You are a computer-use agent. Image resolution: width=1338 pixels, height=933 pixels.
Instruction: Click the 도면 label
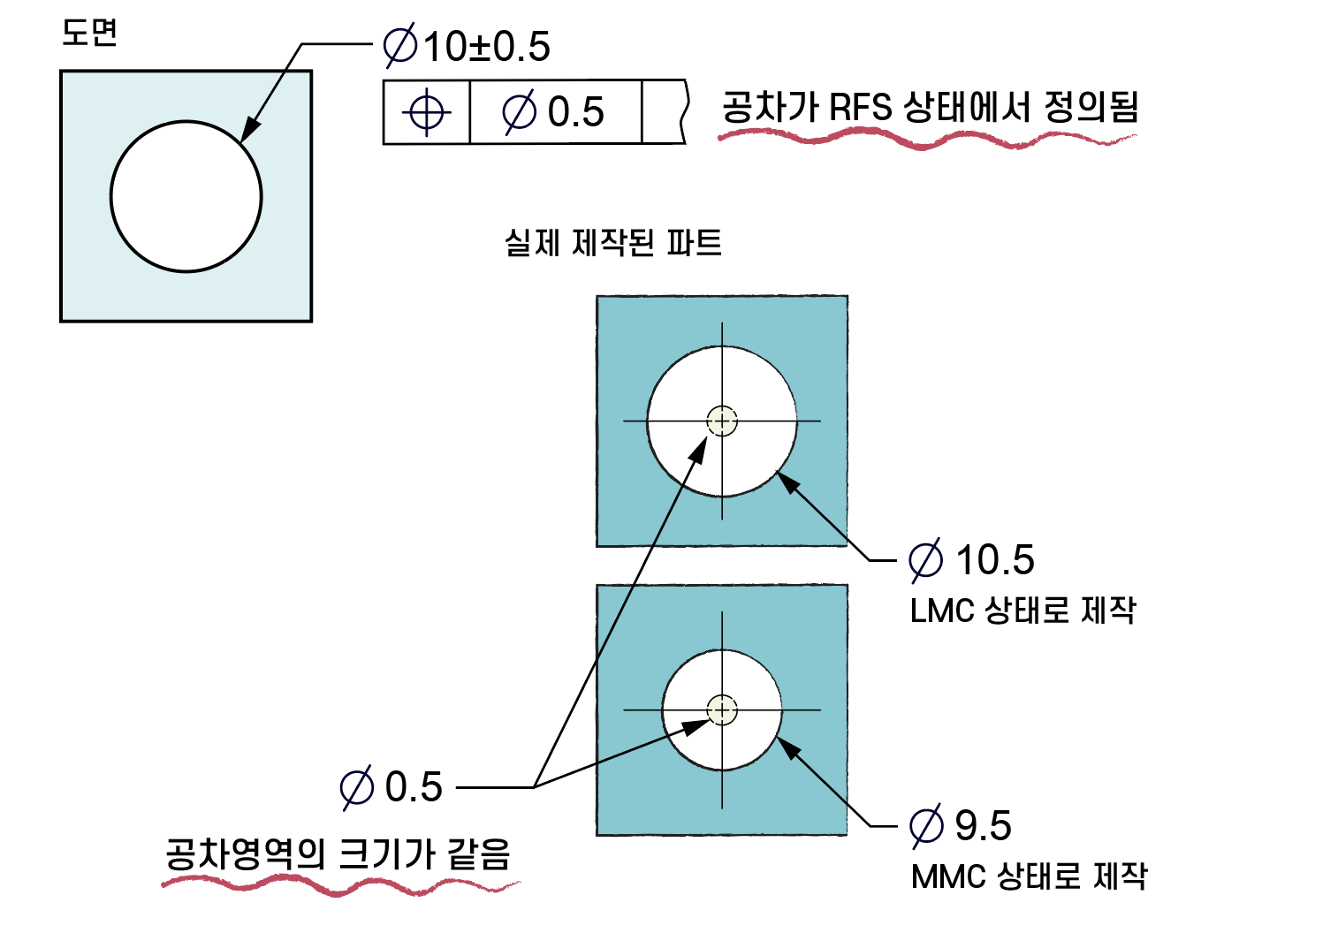89,33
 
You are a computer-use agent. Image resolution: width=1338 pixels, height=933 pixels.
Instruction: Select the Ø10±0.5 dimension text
467,47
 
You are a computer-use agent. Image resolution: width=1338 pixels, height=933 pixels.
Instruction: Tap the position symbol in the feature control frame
427,112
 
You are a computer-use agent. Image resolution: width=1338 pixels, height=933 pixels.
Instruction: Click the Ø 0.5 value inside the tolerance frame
554,112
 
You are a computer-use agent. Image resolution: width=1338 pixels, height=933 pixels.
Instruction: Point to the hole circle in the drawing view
186,196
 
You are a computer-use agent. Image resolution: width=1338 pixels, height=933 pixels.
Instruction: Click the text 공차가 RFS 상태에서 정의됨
930,108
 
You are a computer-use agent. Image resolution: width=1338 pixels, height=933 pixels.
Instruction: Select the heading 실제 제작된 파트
612,242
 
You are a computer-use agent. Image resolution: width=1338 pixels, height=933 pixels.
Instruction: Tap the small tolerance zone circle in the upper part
722,421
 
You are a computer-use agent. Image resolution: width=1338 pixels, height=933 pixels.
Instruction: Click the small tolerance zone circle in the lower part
722,709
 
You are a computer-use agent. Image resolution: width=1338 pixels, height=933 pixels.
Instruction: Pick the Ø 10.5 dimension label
972,560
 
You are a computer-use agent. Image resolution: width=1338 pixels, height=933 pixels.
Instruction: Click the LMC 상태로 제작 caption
1023,611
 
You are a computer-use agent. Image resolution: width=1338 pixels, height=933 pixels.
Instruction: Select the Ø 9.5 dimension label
962,826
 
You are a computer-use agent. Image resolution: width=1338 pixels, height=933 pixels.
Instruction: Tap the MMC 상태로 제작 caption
1029,876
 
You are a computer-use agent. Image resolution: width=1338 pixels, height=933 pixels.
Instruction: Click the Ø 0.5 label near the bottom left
392,787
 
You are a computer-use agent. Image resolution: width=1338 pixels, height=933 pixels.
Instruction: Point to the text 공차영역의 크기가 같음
338,853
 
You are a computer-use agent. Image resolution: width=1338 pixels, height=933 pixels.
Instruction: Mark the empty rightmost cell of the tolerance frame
662,112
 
